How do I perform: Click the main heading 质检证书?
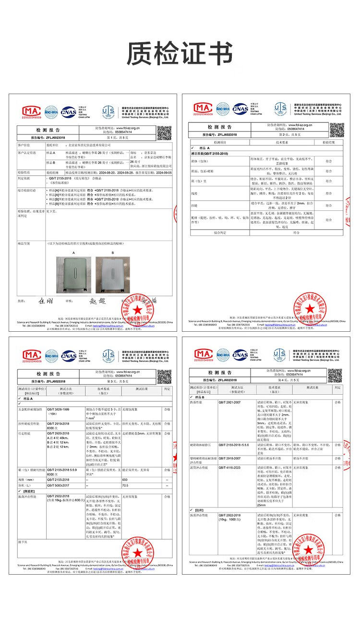pyautogui.click(x=180, y=53)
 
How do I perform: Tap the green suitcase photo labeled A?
pyautogui.click(x=73, y=275)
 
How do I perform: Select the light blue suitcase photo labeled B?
pyautogui.click(x=112, y=275)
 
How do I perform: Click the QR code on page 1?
pyautogui.click(x=164, y=133)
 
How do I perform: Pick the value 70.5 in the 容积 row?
pyautogui.click(x=125, y=485)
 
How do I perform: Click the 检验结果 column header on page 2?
pyautogui.click(x=331, y=143)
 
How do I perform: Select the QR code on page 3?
pyautogui.click(x=164, y=376)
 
